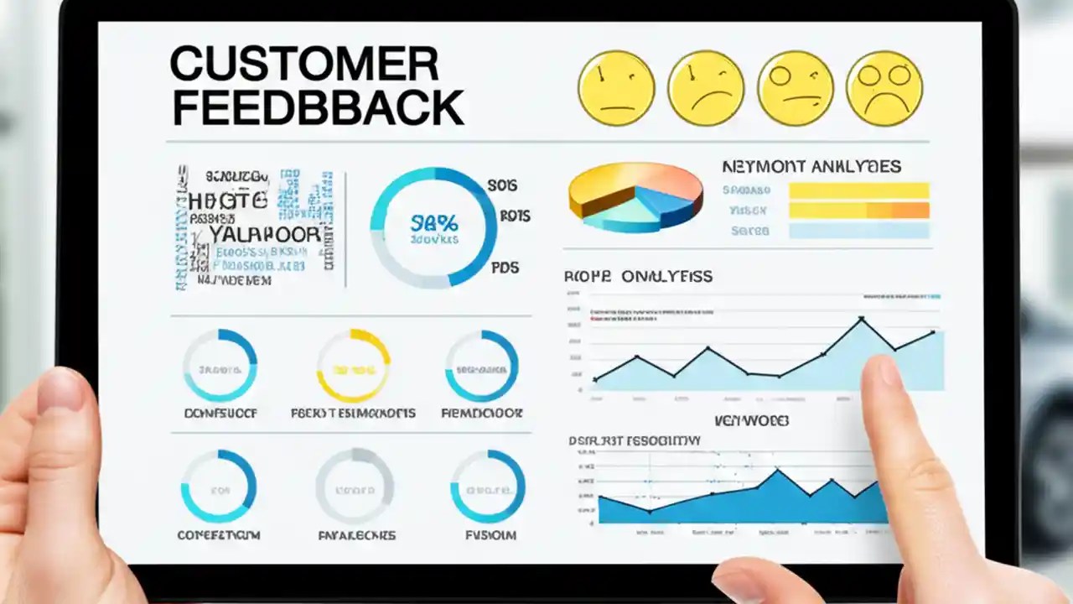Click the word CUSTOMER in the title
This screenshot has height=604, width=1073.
pos(303,65)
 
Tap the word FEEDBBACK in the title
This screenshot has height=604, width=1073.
pos(317,108)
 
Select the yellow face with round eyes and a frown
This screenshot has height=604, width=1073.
pos(884,88)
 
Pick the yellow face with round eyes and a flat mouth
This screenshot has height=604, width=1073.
pos(795,88)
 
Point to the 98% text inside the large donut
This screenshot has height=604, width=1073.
pos(434,223)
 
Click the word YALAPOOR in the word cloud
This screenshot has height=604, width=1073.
pos(264,234)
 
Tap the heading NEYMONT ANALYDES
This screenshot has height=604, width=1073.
pos(811,167)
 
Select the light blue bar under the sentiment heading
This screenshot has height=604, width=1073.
pos(858,231)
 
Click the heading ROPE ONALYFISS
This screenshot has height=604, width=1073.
pos(638,276)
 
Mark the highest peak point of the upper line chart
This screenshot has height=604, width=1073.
pos(861,319)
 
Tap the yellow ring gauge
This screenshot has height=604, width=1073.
pos(353,366)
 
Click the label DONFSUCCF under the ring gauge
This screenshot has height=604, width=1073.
pos(220,413)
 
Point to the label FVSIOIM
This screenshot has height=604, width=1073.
pos(490,534)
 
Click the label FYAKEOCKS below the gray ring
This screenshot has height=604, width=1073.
pos(356,534)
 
